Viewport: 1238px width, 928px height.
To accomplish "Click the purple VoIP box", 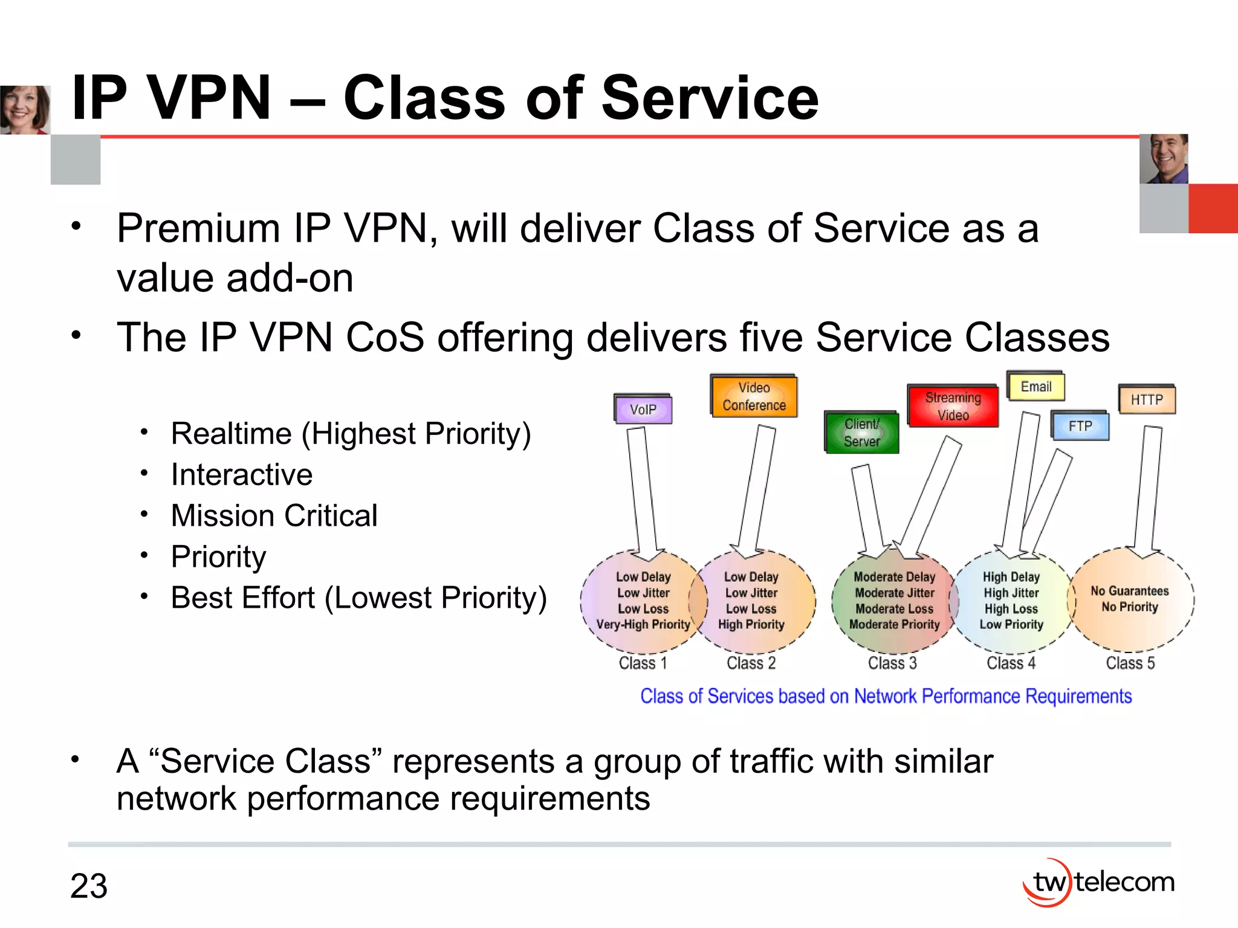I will [x=643, y=410].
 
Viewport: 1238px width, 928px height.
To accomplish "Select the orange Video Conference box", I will [x=754, y=396].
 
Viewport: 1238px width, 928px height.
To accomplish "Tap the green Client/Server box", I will [x=861, y=433].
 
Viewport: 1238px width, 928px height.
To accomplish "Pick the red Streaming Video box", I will [x=953, y=406].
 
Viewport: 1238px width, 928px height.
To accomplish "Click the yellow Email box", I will [x=1035, y=387].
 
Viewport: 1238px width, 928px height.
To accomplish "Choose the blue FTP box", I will [x=1080, y=426].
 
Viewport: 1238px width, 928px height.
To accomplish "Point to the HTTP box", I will [x=1146, y=400].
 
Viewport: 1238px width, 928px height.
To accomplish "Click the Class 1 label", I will [x=643, y=663].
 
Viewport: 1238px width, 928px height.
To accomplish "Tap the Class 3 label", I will [x=892, y=663].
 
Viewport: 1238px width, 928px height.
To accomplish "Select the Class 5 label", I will [x=1130, y=663].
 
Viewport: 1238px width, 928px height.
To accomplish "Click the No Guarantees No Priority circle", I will [x=1130, y=599].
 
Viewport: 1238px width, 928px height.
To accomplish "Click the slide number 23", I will [x=89, y=886].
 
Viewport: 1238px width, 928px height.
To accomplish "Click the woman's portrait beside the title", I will [x=25, y=109].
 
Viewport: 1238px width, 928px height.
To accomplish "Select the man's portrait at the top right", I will [x=1164, y=159].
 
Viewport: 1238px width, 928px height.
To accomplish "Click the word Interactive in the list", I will [x=242, y=474].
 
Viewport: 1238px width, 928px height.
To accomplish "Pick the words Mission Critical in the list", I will [x=274, y=515].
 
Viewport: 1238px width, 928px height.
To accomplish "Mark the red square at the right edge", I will [x=1213, y=208].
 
